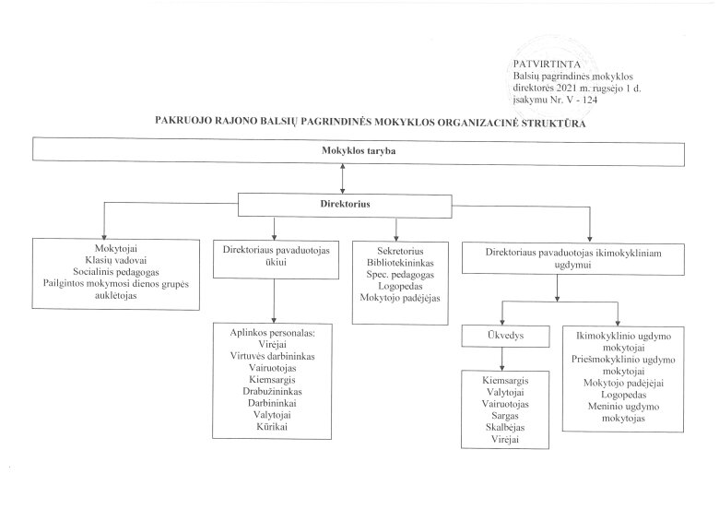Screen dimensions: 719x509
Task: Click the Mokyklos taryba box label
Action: tap(359, 151)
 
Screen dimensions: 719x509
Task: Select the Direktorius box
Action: tap(345, 205)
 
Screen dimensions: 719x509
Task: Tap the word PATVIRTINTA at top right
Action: tap(547, 65)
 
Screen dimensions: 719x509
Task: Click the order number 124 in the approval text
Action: tap(590, 100)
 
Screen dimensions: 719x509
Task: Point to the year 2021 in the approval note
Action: tap(564, 88)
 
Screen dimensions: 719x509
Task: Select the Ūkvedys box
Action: tap(505, 337)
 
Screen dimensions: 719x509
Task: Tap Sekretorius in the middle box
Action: tap(400, 251)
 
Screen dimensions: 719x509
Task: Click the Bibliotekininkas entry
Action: tap(400, 263)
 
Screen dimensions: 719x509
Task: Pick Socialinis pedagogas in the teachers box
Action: tap(116, 272)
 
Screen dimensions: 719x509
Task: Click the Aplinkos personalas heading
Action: tap(273, 333)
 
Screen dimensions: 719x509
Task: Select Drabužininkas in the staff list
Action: tap(272, 391)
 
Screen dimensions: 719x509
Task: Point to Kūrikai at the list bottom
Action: tap(272, 426)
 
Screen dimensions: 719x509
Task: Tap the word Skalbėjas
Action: tap(505, 427)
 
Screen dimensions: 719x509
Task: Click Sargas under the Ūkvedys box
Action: tap(505, 416)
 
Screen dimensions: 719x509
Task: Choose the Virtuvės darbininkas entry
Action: tap(272, 356)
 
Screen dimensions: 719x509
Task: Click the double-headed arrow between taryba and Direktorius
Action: tap(342, 178)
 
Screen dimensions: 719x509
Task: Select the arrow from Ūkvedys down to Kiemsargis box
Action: tap(502, 359)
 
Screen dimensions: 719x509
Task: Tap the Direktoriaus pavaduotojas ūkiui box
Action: tap(276, 259)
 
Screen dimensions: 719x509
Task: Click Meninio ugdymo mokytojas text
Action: tap(624, 412)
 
